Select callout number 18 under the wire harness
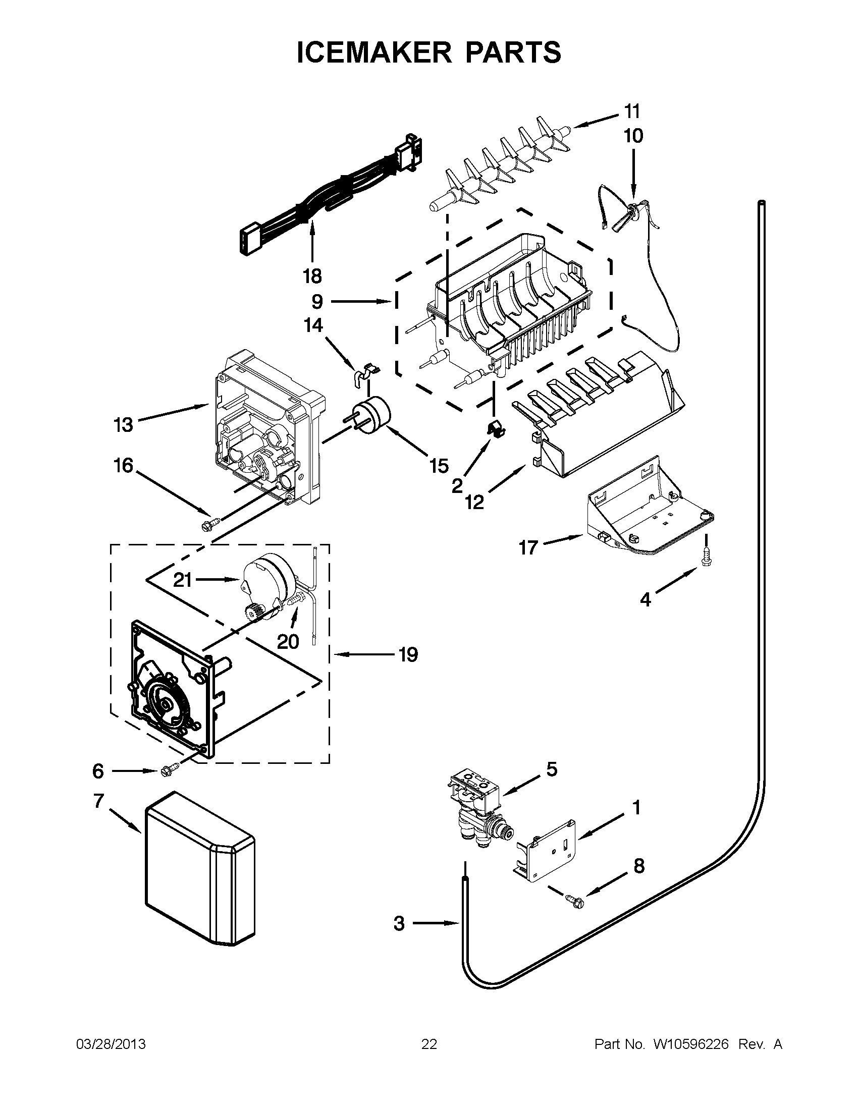point(312,276)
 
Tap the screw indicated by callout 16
point(210,524)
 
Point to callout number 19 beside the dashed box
point(408,654)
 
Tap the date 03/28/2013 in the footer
point(111,1044)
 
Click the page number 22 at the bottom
point(429,1044)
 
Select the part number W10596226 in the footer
point(691,1044)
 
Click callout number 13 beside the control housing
point(123,424)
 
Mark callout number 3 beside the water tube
point(399,923)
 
